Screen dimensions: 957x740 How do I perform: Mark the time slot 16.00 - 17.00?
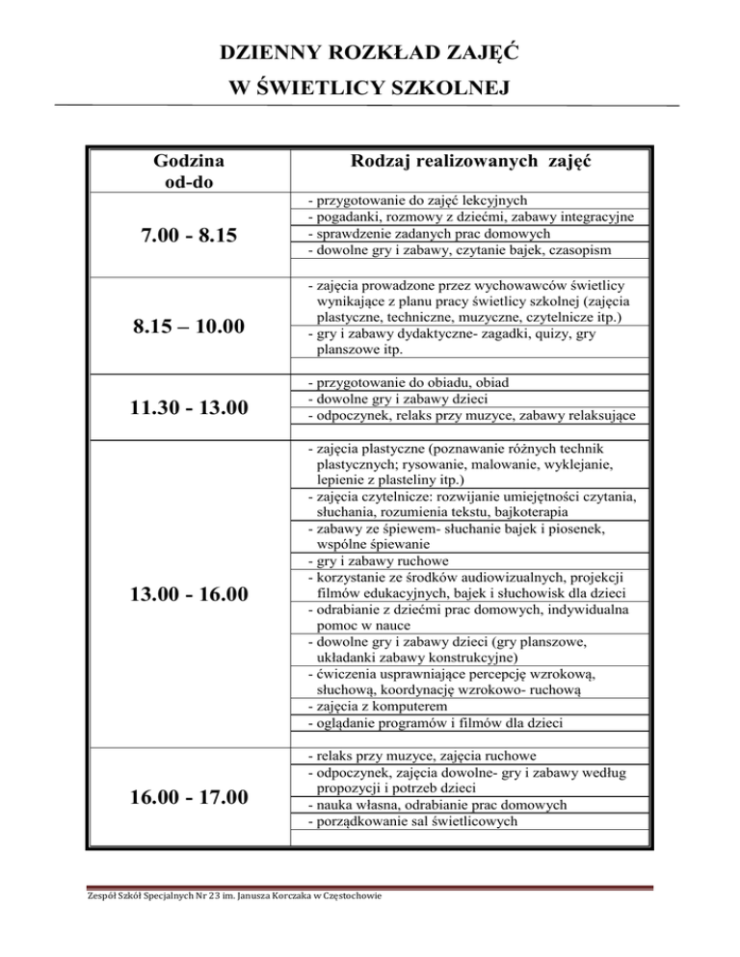coord(189,797)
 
